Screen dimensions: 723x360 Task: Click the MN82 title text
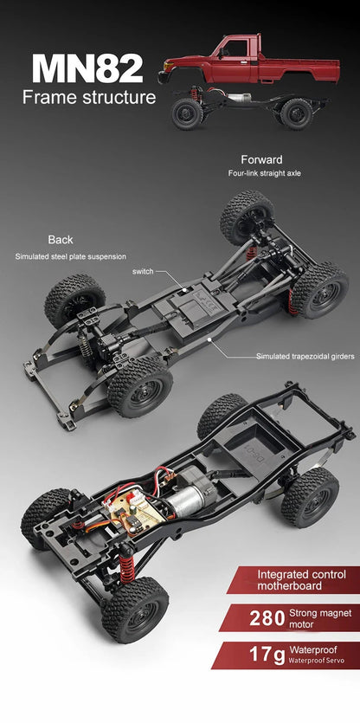[87, 68]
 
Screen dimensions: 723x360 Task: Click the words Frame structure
[89, 97]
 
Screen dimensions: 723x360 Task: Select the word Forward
[261, 160]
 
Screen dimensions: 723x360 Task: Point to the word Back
[61, 240]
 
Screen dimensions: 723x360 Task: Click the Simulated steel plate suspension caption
[70, 256]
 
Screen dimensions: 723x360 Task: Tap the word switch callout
[143, 272]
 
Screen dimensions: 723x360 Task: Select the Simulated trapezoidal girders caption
[305, 356]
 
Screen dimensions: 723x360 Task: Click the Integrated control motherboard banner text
[301, 580]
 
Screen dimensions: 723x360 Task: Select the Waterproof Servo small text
[314, 661]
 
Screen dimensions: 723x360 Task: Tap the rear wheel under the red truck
[295, 112]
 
